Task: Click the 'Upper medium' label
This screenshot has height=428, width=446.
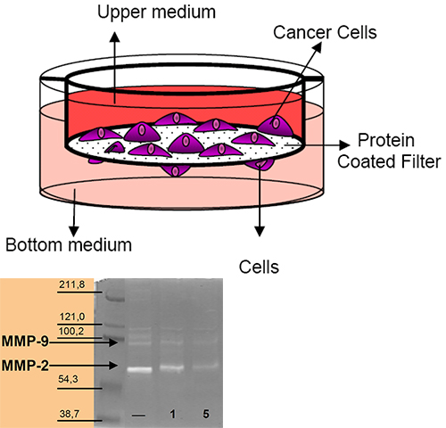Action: [x=156, y=12]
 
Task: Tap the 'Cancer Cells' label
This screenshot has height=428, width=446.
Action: [x=325, y=32]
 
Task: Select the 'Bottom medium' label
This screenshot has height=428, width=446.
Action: [x=69, y=245]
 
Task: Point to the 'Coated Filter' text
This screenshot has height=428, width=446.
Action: [x=389, y=161]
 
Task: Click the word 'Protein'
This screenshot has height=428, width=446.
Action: [x=386, y=140]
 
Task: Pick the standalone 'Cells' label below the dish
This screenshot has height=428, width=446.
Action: [x=259, y=267]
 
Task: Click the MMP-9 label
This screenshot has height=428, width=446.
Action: [x=25, y=342]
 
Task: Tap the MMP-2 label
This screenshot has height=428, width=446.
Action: [x=25, y=366]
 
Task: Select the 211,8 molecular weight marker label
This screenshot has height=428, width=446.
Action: [x=72, y=284]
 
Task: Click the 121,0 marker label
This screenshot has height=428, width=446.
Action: [x=72, y=317]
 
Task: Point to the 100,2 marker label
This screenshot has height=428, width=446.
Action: [x=71, y=331]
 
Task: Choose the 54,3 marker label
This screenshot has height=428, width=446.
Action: [x=68, y=379]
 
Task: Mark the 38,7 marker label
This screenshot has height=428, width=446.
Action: [x=70, y=414]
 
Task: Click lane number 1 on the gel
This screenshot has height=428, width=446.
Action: [x=173, y=414]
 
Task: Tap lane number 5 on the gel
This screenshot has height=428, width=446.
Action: [x=206, y=414]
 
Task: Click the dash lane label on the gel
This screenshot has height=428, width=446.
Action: [x=138, y=416]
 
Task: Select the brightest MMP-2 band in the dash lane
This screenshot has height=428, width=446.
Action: [x=139, y=370]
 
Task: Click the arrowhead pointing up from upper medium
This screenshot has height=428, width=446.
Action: [x=114, y=37]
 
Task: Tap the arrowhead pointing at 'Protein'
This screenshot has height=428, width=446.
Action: [x=344, y=144]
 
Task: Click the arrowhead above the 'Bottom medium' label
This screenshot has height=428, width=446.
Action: [x=74, y=232]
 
